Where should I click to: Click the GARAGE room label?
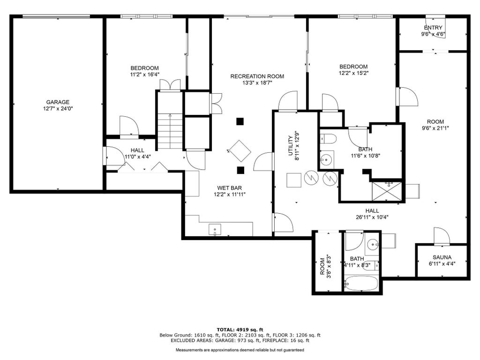58,102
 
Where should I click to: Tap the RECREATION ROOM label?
257,76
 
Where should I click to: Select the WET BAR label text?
230,188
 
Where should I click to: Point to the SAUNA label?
442,257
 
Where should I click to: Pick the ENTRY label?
433,28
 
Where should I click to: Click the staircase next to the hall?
170,131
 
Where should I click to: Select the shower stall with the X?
387,192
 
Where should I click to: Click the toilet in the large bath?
328,139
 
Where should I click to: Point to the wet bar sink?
215,229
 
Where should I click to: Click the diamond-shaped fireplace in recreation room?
240,151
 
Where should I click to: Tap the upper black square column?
240,121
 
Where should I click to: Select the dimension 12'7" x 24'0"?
58,108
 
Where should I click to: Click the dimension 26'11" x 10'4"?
372,217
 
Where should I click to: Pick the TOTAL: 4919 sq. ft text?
240,330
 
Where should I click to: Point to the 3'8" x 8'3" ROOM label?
325,266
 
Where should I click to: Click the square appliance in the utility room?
294,180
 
